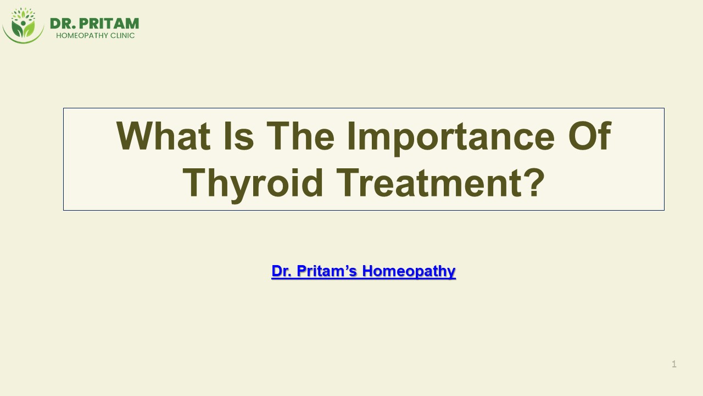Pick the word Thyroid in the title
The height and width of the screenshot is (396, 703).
coord(253,184)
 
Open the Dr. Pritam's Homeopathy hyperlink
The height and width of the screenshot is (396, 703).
coord(363,271)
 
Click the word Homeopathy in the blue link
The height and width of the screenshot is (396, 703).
coord(409,271)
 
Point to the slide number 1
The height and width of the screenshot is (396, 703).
coord(674,364)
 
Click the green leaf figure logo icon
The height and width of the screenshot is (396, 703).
coord(23,25)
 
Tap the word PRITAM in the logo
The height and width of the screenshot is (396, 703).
coord(109,24)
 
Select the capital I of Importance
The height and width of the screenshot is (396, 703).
coord(350,136)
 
